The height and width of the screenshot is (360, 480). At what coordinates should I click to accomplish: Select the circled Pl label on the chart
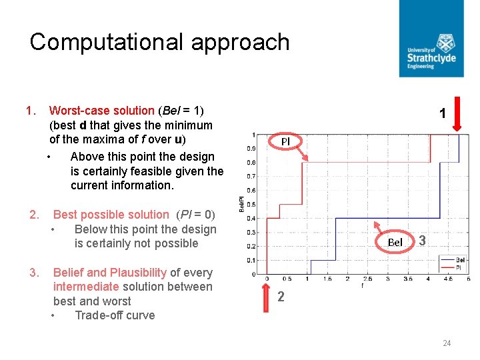[285, 141]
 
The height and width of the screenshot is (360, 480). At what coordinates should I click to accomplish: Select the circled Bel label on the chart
[395, 242]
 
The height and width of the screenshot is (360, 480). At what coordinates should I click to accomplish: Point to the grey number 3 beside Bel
[423, 240]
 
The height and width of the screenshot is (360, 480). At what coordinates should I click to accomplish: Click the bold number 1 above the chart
[442, 115]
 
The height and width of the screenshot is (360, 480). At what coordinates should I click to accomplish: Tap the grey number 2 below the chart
[281, 297]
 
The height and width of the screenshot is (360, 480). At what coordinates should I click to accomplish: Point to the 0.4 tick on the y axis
[251, 218]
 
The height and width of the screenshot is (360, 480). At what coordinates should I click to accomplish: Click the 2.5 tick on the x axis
[368, 279]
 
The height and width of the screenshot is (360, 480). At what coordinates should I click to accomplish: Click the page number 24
[447, 343]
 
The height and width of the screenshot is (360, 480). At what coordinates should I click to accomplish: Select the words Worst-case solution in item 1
[101, 110]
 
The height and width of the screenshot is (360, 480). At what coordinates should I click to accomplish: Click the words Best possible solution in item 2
[111, 215]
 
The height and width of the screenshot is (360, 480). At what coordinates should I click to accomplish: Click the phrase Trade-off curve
[115, 315]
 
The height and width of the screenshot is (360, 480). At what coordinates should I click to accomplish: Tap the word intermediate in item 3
[86, 287]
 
